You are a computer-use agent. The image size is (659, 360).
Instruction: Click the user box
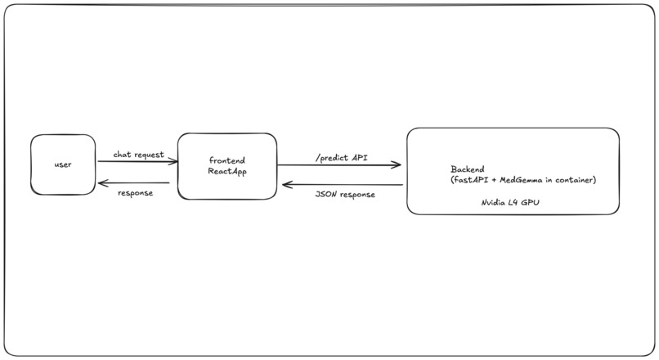[63, 164]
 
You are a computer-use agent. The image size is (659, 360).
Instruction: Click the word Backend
[467, 169]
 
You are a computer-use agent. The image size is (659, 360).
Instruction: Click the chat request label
[138, 154]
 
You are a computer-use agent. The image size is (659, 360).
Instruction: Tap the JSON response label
[344, 195]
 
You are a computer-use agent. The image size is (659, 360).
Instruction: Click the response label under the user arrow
[136, 193]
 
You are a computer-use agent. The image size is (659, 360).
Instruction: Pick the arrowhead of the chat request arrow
[175, 162]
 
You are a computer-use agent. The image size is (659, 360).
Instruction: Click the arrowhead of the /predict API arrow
[398, 165]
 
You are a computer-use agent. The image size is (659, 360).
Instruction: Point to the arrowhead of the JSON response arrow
[285, 185]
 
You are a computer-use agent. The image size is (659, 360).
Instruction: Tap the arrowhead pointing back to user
[101, 183]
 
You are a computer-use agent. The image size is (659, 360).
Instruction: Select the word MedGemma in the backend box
[522, 180]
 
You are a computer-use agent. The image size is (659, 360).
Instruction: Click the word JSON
[326, 195]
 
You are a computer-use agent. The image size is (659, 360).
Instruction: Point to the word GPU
[531, 200]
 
